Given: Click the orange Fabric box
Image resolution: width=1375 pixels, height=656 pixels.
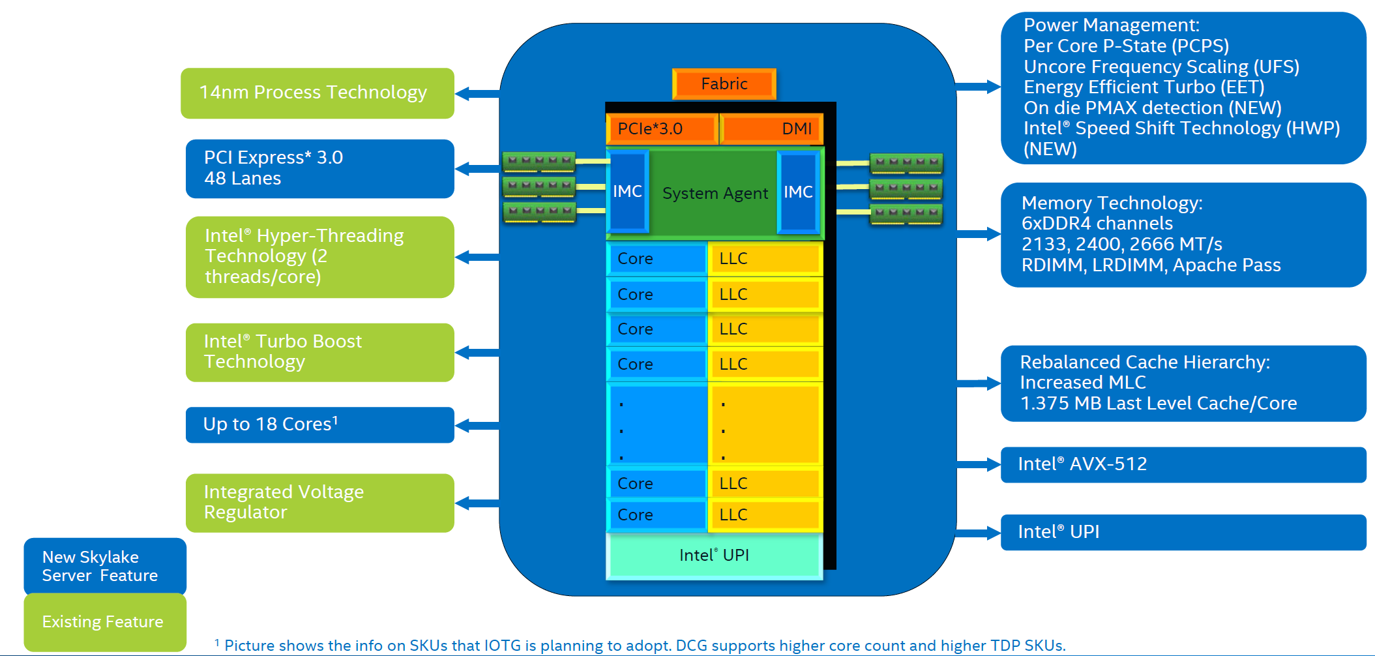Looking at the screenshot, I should [x=724, y=84].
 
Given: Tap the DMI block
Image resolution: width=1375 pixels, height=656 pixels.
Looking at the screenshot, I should [x=771, y=129].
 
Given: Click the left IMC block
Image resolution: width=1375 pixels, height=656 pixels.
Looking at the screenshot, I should [x=627, y=192].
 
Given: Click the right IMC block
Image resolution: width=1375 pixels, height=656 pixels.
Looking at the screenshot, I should [x=798, y=192].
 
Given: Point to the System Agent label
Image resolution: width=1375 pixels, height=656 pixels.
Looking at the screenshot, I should [x=715, y=194].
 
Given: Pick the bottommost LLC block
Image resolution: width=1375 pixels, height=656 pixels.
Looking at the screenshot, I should [x=765, y=515].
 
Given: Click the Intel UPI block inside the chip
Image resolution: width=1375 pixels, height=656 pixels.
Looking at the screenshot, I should [x=714, y=556].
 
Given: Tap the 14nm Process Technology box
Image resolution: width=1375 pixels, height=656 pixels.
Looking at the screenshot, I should [x=317, y=93].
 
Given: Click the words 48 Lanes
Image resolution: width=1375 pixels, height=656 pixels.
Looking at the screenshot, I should [x=243, y=179].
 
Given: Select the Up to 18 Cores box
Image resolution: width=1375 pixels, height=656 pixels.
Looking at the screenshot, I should [x=319, y=425].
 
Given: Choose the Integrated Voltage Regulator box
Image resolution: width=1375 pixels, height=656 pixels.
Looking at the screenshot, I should [x=319, y=503].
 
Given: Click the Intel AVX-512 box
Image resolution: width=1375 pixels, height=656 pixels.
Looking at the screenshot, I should [x=1182, y=464].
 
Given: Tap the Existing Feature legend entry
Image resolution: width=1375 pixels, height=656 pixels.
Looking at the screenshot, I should [x=104, y=621].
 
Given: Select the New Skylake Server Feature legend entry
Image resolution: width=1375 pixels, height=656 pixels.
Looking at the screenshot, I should [x=104, y=566].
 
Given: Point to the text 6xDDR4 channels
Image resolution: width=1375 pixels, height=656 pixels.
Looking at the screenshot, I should [x=1097, y=224].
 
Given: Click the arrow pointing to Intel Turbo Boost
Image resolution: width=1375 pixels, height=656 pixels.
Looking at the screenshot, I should [x=477, y=353].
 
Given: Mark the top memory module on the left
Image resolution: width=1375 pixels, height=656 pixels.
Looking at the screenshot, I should [x=539, y=160].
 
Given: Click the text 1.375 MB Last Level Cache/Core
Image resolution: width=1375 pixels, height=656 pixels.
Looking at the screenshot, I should [x=1158, y=404].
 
